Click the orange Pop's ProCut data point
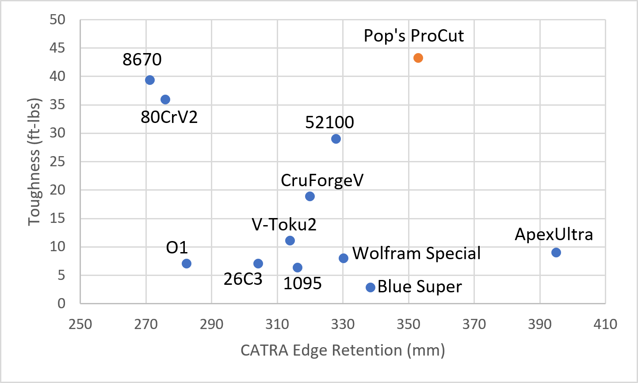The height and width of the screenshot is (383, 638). (x=418, y=58)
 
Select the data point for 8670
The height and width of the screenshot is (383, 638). (x=150, y=80)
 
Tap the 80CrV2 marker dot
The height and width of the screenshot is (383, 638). (x=165, y=100)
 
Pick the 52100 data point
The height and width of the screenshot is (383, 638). (x=336, y=139)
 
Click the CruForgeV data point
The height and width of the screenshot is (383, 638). (x=310, y=196)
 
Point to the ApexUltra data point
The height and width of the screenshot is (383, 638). (x=556, y=253)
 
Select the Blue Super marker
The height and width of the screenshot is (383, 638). (x=371, y=287)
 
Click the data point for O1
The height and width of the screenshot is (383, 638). (x=187, y=264)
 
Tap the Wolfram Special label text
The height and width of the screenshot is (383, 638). (x=416, y=253)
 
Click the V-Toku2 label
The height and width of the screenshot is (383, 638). (x=284, y=225)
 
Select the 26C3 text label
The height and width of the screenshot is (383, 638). (x=243, y=279)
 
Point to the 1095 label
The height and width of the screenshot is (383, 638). (x=302, y=283)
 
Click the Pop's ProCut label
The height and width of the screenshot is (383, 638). (x=414, y=36)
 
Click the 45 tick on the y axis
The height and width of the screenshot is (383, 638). (x=57, y=48)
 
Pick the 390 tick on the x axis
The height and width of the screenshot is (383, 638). (x=540, y=324)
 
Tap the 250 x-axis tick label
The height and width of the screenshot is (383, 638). (x=80, y=324)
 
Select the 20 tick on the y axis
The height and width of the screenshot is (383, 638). (x=57, y=190)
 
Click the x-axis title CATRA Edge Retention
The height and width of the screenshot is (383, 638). (x=343, y=350)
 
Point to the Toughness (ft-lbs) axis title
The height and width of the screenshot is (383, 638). (x=34, y=161)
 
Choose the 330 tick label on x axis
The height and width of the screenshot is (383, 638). (x=343, y=324)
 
